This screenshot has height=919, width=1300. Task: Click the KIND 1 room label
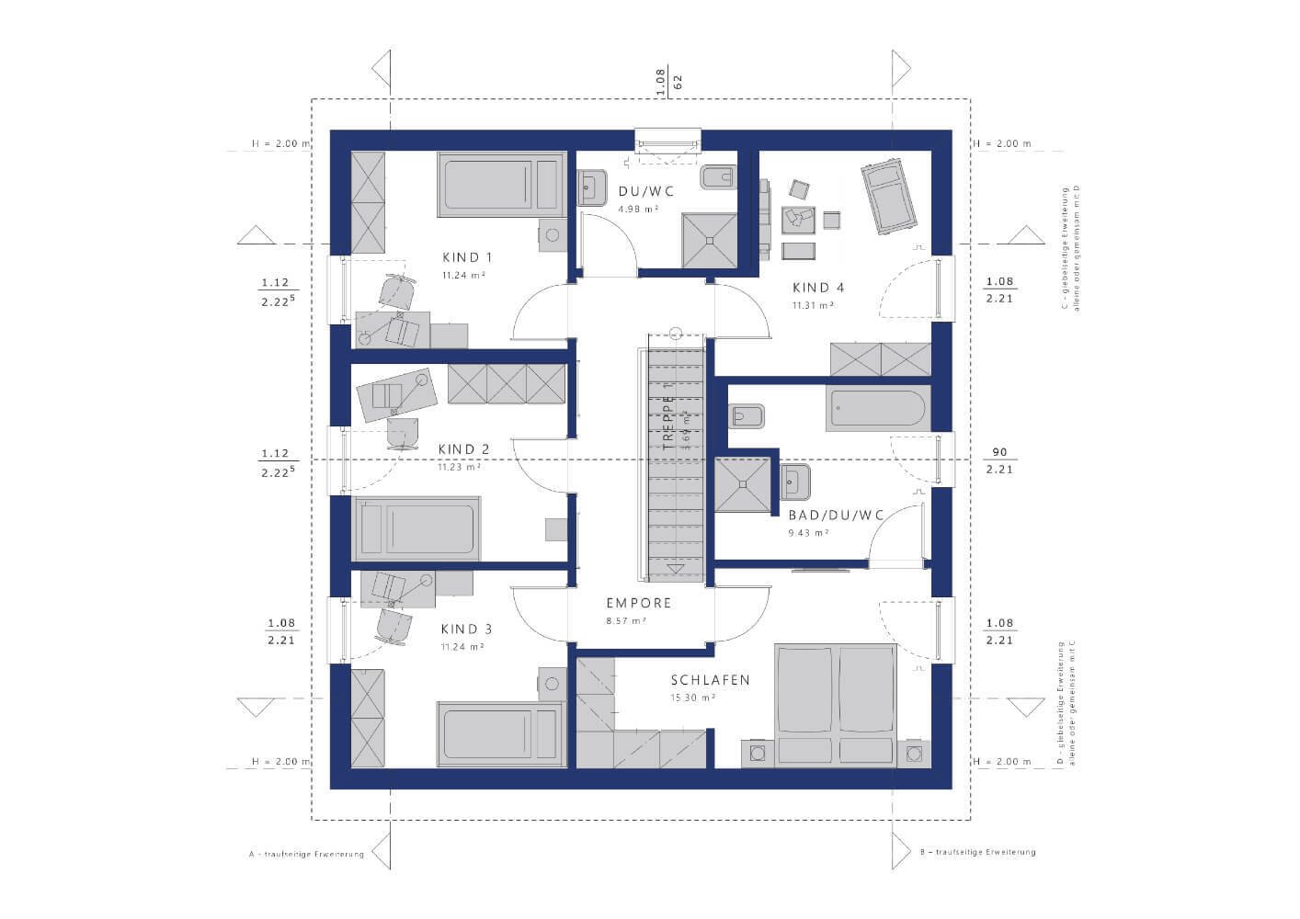(x=467, y=257)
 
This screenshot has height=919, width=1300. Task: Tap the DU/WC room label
(x=646, y=192)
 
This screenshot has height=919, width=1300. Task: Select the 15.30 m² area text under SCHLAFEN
(x=694, y=698)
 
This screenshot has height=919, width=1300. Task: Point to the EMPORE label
(x=638, y=604)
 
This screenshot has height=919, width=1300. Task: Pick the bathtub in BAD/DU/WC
(x=879, y=408)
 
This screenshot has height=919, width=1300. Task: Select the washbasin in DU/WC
(x=590, y=187)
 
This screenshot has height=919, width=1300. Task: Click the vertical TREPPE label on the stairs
(x=669, y=421)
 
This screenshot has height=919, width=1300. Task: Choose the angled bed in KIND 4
(x=888, y=198)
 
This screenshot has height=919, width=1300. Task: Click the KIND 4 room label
(x=818, y=288)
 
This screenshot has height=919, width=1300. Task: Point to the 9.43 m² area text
(x=809, y=532)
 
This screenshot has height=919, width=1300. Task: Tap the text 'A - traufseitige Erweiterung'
(x=306, y=854)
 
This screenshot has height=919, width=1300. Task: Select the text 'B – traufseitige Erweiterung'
(x=977, y=852)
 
